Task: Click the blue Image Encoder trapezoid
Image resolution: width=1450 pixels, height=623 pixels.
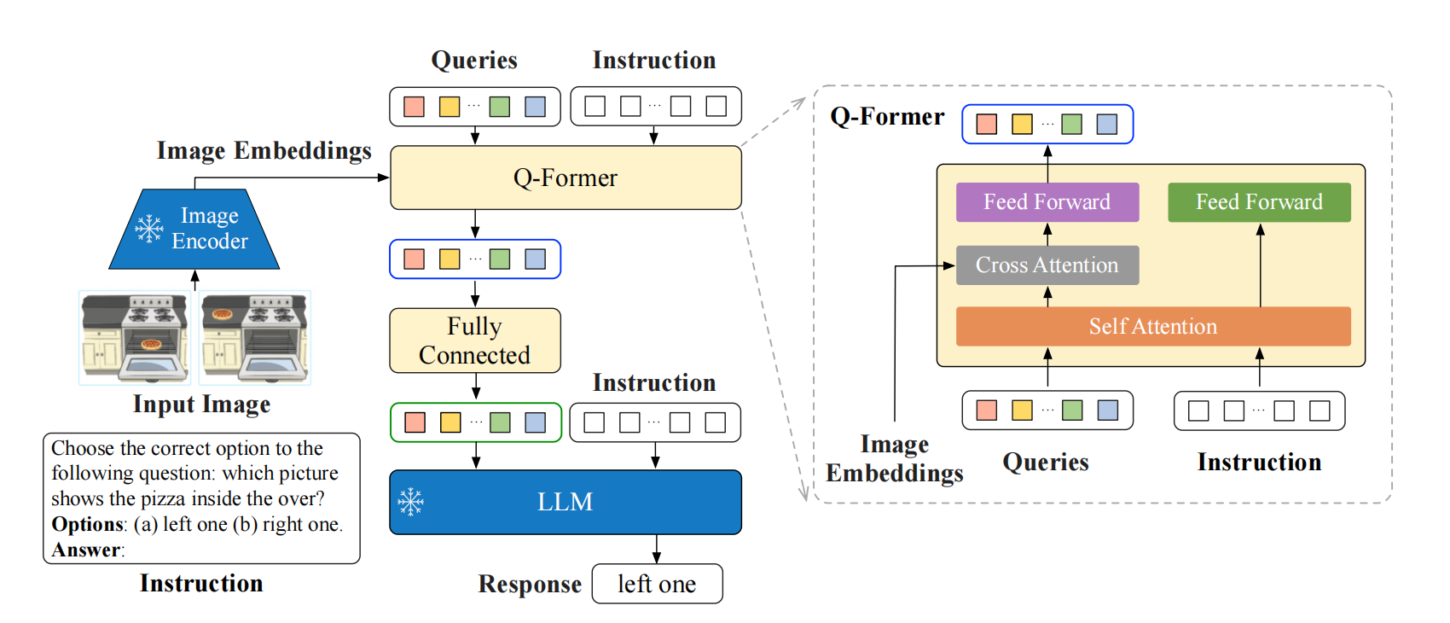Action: (x=194, y=229)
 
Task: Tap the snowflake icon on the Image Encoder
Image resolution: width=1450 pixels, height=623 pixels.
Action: (x=149, y=229)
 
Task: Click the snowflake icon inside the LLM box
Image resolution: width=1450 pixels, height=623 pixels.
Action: (x=410, y=502)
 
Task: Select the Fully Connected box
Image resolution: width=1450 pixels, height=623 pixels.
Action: (x=475, y=341)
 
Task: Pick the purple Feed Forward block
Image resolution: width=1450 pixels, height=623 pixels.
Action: (x=1047, y=202)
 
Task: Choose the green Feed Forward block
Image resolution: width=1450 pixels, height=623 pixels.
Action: (x=1259, y=202)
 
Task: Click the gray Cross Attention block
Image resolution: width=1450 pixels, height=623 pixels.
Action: (x=1047, y=265)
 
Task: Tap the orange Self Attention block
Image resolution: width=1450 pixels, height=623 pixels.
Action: (x=1153, y=326)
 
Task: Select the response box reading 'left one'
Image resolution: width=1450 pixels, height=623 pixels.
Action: (x=657, y=584)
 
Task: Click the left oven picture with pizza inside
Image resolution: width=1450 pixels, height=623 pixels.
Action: (x=135, y=337)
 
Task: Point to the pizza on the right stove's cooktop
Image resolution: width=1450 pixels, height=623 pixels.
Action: (x=222, y=314)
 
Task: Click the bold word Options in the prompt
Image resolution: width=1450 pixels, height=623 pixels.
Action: (x=87, y=524)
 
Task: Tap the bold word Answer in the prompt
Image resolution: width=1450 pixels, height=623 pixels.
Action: (x=86, y=550)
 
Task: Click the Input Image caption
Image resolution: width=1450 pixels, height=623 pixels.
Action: (x=202, y=405)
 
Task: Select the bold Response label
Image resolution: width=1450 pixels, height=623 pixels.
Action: (x=531, y=584)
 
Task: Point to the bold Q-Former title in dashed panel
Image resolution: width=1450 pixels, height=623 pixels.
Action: (x=887, y=117)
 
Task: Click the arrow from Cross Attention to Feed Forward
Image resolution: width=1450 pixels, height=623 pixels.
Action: (x=1047, y=234)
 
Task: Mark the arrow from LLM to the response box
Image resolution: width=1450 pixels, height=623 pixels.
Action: (x=657, y=549)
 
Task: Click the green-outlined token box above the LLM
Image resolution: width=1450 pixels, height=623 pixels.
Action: (x=476, y=423)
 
